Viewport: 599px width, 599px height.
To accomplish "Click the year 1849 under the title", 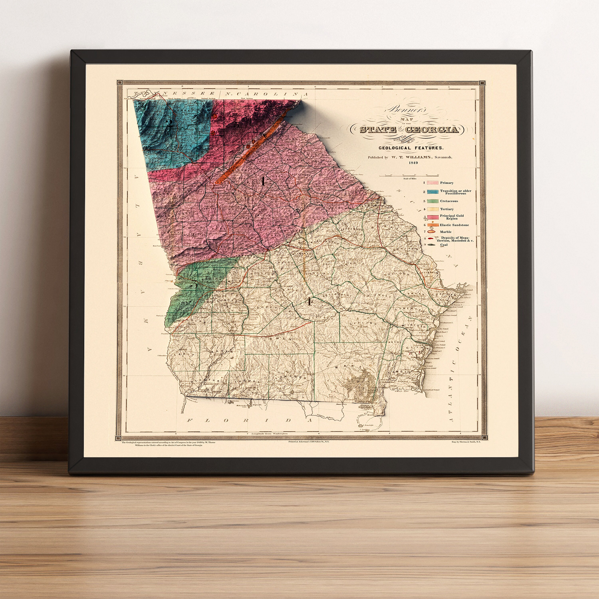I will point(413,163).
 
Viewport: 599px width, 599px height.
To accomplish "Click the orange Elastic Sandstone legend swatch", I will point(432,225).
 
